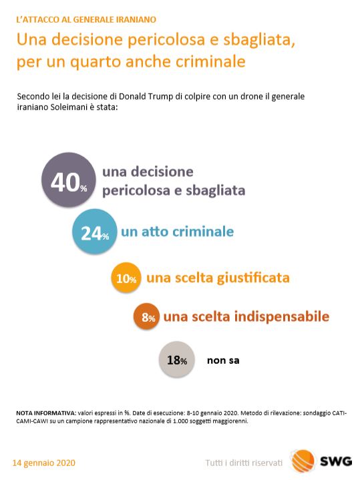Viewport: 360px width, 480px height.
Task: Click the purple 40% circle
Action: pyautogui.click(x=69, y=180)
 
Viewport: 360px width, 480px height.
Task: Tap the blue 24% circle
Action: pyautogui.click(x=95, y=232)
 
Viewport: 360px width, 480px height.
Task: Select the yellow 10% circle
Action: pyautogui.click(x=126, y=278)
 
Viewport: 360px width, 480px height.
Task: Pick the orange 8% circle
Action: pyautogui.click(x=146, y=316)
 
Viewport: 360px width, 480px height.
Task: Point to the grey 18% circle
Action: pyautogui.click(x=177, y=359)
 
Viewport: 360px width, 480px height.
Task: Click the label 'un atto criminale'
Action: pyautogui.click(x=178, y=232)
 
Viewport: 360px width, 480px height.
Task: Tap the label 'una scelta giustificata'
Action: pyautogui.click(x=218, y=278)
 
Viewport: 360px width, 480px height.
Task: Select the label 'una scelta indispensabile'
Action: pyautogui.click(x=246, y=316)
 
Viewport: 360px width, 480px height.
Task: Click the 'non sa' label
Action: pyautogui.click(x=223, y=361)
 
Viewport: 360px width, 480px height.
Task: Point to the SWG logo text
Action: pyautogui.click(x=336, y=461)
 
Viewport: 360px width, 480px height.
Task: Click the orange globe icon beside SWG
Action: pyautogui.click(x=303, y=461)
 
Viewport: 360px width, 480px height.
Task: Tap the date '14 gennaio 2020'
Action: pyautogui.click(x=44, y=463)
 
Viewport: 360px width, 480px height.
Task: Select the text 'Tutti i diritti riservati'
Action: pyautogui.click(x=244, y=463)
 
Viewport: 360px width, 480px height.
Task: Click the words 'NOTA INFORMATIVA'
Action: pyautogui.click(x=46, y=413)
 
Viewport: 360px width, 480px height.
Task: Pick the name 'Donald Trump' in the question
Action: pyautogui.click(x=146, y=96)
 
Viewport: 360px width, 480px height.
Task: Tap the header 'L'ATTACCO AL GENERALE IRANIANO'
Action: pyautogui.click(x=86, y=19)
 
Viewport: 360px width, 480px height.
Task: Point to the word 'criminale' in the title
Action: pyautogui.click(x=210, y=61)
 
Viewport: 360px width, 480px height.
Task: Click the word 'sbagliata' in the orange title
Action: pyautogui.click(x=259, y=41)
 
